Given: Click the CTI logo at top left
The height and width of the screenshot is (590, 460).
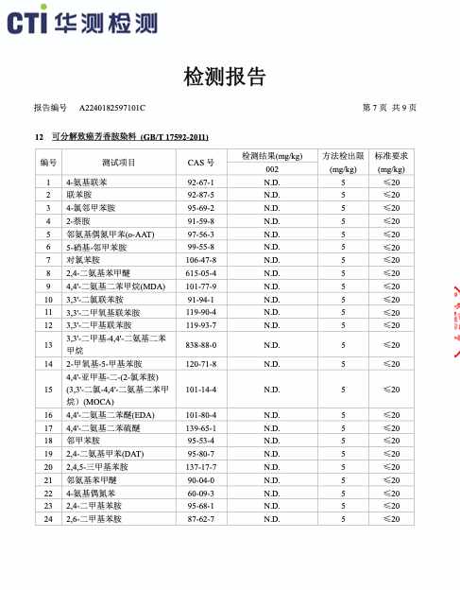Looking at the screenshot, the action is pyautogui.click(x=82, y=22).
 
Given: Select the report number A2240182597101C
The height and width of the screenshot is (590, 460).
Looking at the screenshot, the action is pyautogui.click(x=111, y=108).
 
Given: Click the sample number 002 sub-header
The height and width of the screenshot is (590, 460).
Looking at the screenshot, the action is pyautogui.click(x=271, y=168).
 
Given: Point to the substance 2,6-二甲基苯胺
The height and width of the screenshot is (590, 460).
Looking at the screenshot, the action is pyautogui.click(x=93, y=518).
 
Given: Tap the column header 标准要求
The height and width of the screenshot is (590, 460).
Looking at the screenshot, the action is pyautogui.click(x=391, y=155).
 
